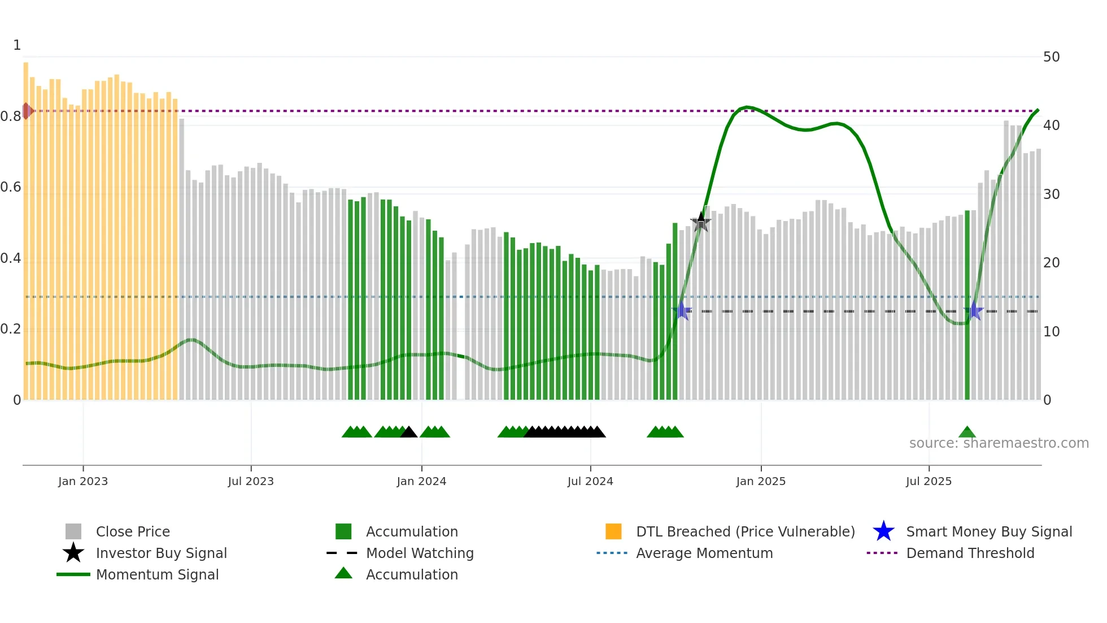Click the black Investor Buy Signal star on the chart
click(x=701, y=222)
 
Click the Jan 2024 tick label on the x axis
click(x=421, y=481)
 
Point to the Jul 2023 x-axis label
click(x=251, y=481)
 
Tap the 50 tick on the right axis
click(x=1051, y=57)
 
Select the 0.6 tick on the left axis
click(x=11, y=187)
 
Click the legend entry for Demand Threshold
click(x=970, y=553)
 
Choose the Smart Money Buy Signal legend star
click(x=883, y=531)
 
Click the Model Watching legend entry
click(x=419, y=553)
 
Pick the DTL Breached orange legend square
click(x=613, y=531)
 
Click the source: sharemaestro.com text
click(x=999, y=443)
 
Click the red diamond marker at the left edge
click(x=27, y=111)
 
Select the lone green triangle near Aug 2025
click(x=967, y=432)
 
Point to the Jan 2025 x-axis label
click(x=761, y=481)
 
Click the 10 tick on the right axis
click(x=1051, y=332)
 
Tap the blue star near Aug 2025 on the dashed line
click(x=974, y=311)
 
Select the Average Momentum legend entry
click(x=704, y=553)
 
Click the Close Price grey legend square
click(x=73, y=531)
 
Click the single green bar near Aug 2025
click(x=967, y=305)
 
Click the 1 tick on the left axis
click(x=17, y=45)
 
